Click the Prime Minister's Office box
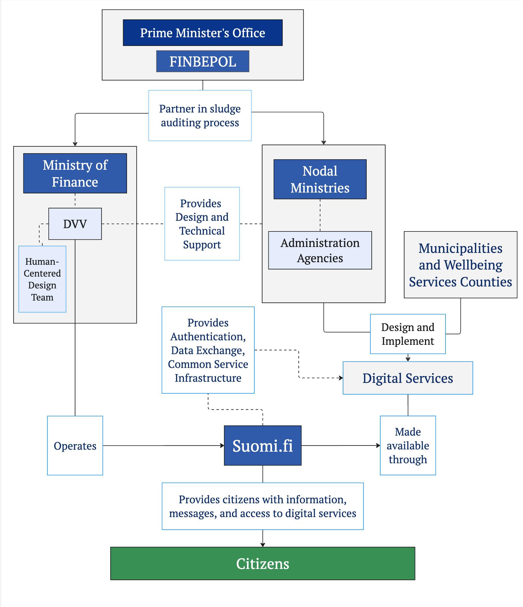point(202,33)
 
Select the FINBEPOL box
point(202,61)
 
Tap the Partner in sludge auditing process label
point(200,115)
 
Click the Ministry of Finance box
point(75,173)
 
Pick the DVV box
point(75,224)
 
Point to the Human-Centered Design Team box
point(43,279)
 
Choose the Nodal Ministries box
point(320,179)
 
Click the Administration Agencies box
point(320,250)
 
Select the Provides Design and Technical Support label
point(202,224)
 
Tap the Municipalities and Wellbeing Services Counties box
point(460,265)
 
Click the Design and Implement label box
point(408,334)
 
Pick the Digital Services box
point(408,378)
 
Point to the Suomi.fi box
point(262,445)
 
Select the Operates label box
point(75,445)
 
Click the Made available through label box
point(408,445)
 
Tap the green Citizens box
point(262,563)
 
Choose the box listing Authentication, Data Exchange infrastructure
point(208,350)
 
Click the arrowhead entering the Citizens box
point(262,545)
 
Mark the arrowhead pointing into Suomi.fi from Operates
point(222,445)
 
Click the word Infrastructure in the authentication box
point(208,378)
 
